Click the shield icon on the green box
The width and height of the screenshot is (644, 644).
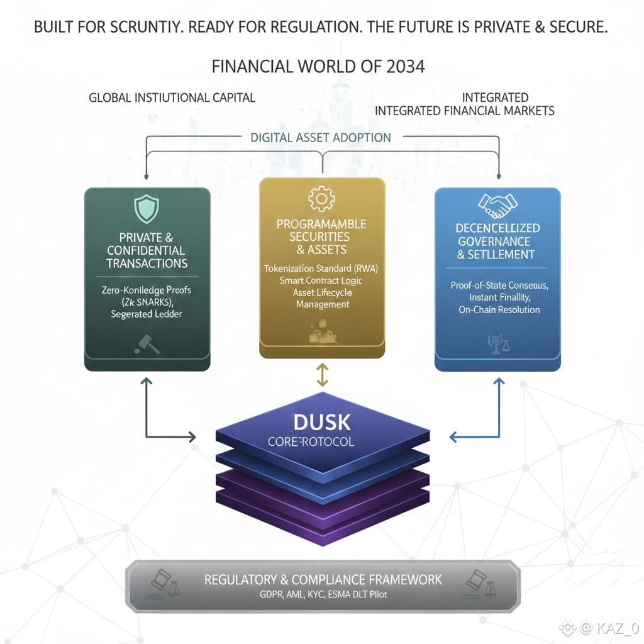point(147,208)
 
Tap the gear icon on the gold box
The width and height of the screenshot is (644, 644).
point(321,199)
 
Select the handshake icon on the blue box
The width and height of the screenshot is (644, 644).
point(497,203)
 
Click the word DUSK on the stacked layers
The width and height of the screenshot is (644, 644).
point(322,421)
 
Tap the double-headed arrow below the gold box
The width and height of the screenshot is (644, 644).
point(322,375)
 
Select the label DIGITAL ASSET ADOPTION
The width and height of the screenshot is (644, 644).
point(321,137)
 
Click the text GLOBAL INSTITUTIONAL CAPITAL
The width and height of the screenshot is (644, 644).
point(172,97)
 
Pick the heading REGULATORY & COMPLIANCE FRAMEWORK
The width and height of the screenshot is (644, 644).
point(323,579)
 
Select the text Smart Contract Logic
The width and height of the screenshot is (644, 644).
point(322,280)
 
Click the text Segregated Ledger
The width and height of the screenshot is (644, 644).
point(147,314)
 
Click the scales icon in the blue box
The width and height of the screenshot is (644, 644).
point(497,342)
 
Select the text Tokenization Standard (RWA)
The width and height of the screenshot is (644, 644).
point(322,269)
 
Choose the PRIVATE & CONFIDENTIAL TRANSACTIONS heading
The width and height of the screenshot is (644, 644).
point(147,250)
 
